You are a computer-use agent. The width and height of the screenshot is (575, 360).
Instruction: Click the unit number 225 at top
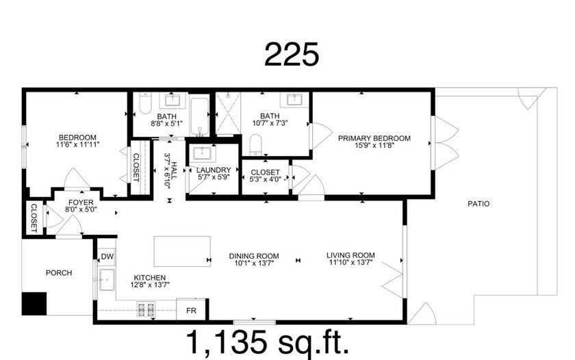click(x=292, y=55)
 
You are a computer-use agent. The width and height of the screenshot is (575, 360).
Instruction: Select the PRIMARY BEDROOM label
click(x=374, y=138)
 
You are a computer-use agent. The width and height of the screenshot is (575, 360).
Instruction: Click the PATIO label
click(x=478, y=203)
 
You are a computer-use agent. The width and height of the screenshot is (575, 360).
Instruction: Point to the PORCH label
click(x=59, y=272)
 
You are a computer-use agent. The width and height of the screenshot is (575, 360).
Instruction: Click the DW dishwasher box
click(x=107, y=257)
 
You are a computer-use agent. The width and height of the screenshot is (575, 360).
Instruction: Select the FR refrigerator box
click(x=191, y=309)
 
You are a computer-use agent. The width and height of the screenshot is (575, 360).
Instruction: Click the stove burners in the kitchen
click(x=146, y=310)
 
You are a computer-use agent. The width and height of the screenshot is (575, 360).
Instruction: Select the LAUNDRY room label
click(x=213, y=170)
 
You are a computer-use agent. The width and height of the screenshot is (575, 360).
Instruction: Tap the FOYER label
click(x=78, y=203)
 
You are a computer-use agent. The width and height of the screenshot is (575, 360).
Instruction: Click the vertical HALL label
click(x=174, y=166)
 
